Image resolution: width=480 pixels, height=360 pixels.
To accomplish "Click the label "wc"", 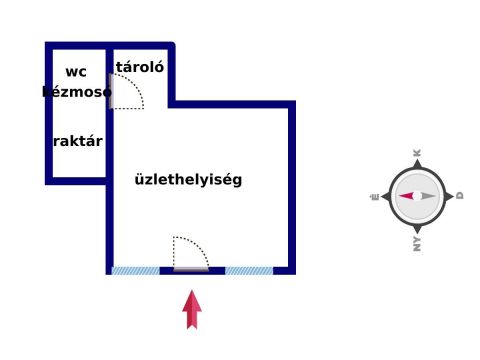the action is click(x=76, y=71).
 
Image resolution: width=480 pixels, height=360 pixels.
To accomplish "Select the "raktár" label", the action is click(x=77, y=141).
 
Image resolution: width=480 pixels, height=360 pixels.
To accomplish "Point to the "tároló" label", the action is click(x=141, y=68).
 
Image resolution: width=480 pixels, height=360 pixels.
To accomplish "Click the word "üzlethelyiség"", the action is click(x=188, y=180).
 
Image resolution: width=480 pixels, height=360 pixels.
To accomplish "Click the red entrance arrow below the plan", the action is click(x=192, y=309).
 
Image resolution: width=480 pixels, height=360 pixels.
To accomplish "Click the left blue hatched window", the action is click(x=135, y=270).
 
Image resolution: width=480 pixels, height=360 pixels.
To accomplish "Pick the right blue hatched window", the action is click(x=249, y=270).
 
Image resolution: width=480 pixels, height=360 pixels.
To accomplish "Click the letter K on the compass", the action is click(x=417, y=153).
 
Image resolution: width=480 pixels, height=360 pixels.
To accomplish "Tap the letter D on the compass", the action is click(x=460, y=196).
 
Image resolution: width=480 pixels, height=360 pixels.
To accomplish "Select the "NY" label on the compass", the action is click(x=417, y=243).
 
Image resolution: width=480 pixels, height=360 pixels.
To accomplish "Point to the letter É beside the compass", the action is click(x=374, y=197).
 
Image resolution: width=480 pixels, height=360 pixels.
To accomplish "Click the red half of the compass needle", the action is click(x=407, y=196).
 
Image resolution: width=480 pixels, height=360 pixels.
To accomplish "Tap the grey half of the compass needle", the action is click(x=428, y=196).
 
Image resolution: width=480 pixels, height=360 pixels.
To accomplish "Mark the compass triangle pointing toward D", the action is click(x=449, y=196).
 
